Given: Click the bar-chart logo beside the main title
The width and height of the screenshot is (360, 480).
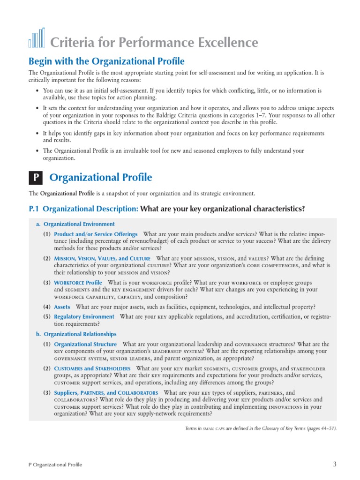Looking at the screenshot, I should pyautogui.click(x=37, y=38).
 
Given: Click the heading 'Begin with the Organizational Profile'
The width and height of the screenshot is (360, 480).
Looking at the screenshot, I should pyautogui.click(x=107, y=61).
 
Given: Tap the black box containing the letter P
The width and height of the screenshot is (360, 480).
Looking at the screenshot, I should pyautogui.click(x=36, y=178).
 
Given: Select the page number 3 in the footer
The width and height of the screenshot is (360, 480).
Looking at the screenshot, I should pyautogui.click(x=335, y=464).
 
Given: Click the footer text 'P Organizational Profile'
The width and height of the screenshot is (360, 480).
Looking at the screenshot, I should pyautogui.click(x=55, y=465).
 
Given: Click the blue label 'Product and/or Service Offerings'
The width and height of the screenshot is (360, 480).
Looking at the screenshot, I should pyautogui.click(x=96, y=234).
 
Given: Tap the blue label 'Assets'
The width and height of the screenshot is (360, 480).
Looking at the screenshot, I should pyautogui.click(x=62, y=307).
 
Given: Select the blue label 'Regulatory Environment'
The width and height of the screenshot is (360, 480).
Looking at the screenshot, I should pyautogui.click(x=84, y=317).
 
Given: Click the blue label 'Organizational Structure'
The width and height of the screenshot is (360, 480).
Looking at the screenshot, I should pyautogui.click(x=85, y=344).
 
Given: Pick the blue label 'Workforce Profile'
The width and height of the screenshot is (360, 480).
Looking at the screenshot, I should pyautogui.click(x=78, y=283).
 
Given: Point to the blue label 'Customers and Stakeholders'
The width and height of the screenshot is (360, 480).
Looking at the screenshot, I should pyautogui.click(x=92, y=368).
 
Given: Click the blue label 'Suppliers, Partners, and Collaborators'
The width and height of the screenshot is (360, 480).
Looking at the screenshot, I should pyautogui.click(x=106, y=393).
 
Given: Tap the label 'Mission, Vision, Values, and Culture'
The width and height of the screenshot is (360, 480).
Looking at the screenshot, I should pyautogui.click(x=102, y=258).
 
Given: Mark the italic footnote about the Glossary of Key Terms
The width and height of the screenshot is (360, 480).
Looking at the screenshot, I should pyautogui.click(x=261, y=428).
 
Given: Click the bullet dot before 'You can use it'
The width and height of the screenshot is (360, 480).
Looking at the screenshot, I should pyautogui.click(x=37, y=90).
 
